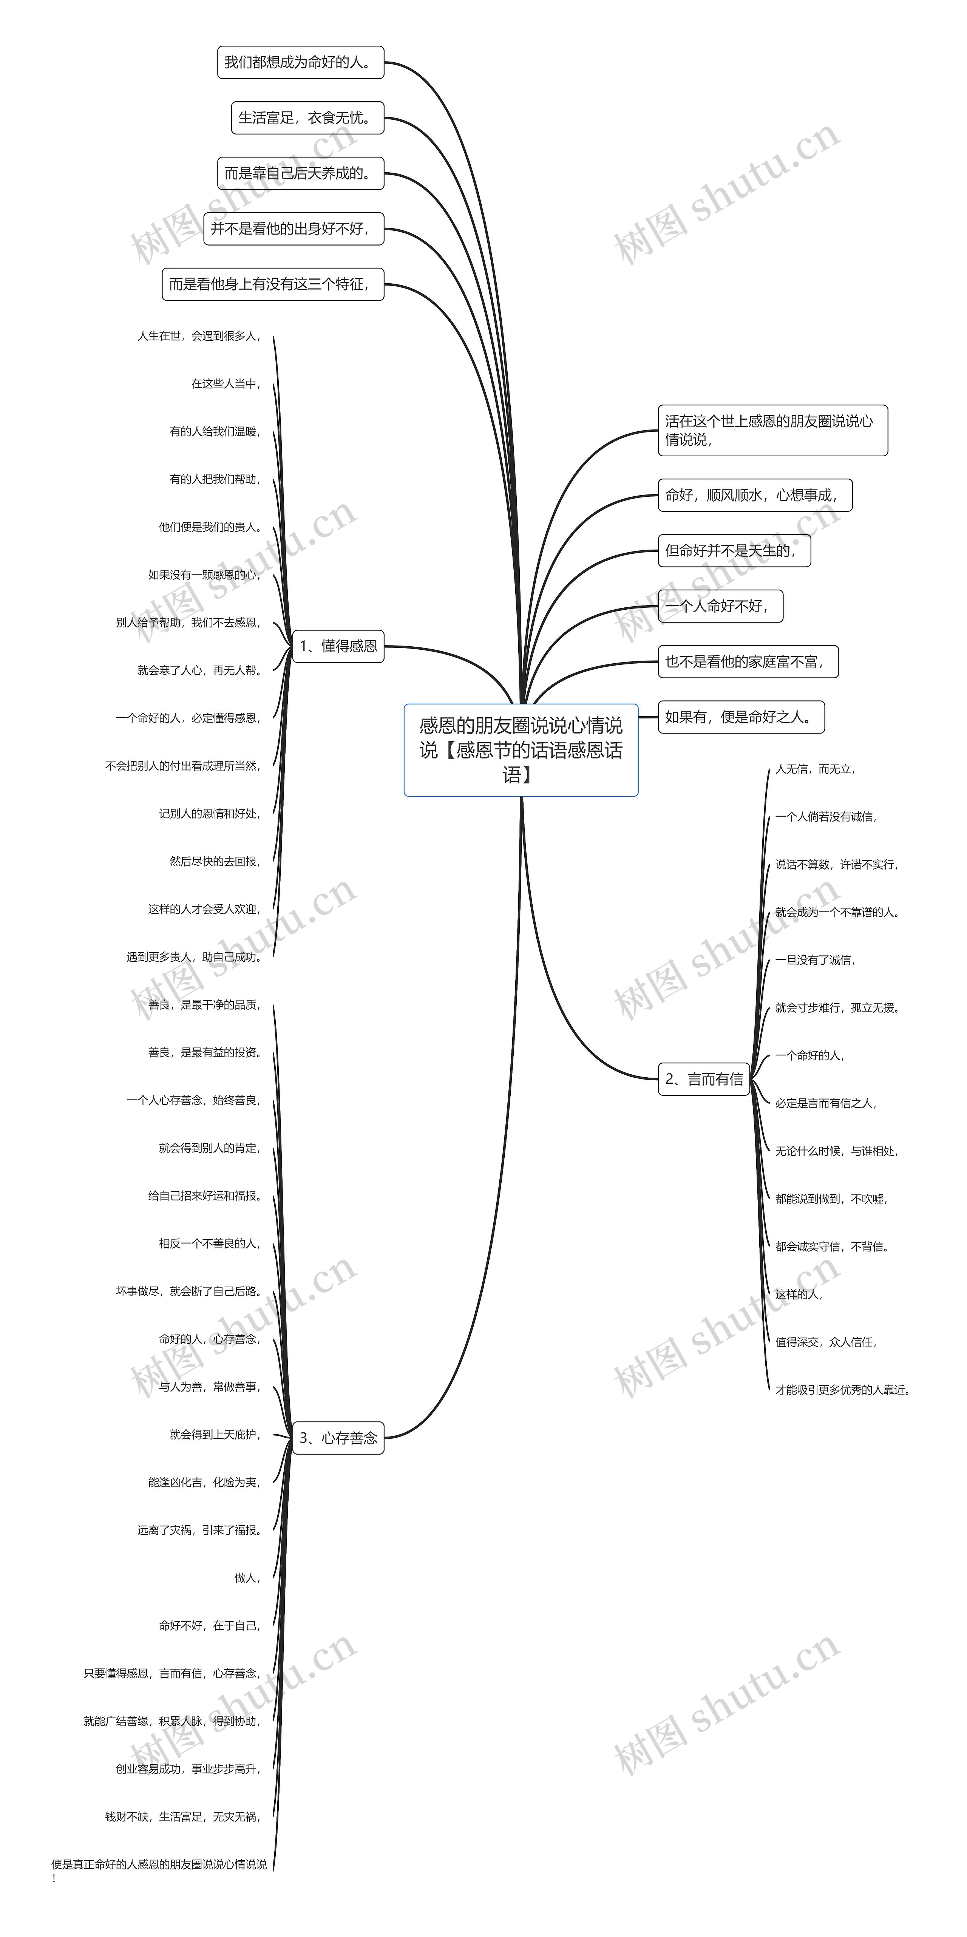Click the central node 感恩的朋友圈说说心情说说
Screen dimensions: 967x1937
521,750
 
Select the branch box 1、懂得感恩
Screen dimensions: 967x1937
338,646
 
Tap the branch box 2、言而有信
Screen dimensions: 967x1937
704,1079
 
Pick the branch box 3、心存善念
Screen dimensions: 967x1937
338,1438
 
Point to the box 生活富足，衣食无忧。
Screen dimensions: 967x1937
307,118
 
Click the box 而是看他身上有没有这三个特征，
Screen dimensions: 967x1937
273,284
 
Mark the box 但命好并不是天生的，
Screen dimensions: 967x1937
735,550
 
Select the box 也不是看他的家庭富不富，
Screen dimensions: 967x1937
748,662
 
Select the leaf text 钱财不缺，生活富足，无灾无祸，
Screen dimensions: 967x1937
183,1817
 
